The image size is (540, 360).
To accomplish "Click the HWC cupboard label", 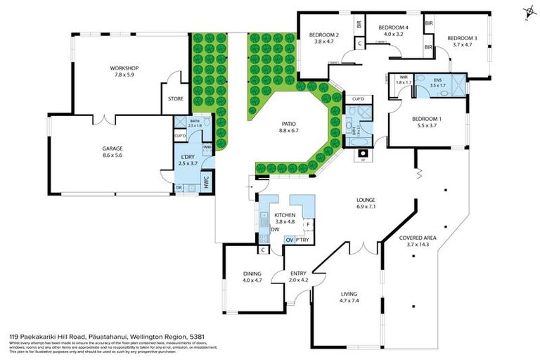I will pyautogui.click(x=206, y=181).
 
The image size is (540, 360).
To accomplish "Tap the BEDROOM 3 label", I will pyautogui.click(x=462, y=38).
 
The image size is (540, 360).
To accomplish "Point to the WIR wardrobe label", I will pyautogui.click(x=404, y=77).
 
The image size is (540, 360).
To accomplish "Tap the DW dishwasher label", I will pyautogui.click(x=274, y=229).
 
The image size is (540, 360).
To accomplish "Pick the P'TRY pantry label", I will pyautogui.click(x=303, y=240).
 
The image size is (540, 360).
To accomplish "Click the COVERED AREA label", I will pyautogui.click(x=418, y=238).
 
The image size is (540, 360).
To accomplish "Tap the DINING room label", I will pyautogui.click(x=252, y=274).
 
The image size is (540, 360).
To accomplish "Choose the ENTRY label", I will pyautogui.click(x=299, y=274).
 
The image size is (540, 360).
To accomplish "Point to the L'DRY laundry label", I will pyautogui.click(x=187, y=155).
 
